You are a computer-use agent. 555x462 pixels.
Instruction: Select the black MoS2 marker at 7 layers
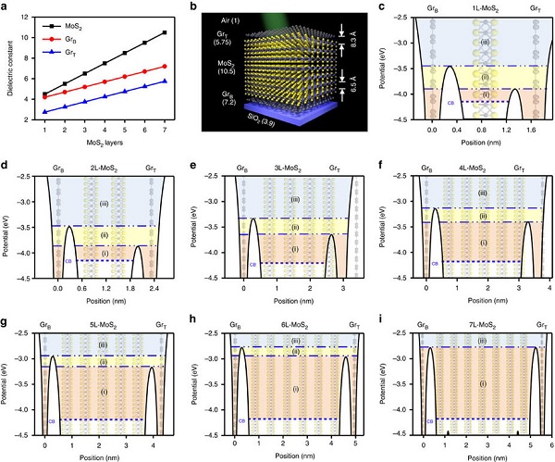164,32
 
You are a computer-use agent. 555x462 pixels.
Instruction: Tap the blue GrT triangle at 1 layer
45,112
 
